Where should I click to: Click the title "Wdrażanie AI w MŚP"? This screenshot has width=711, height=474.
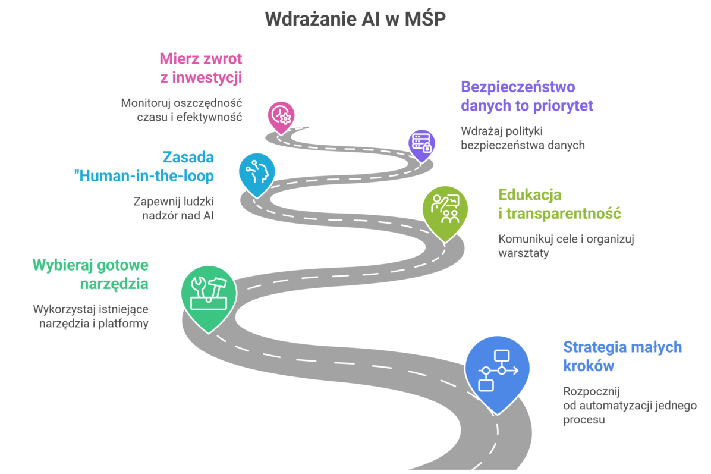pos(355,19)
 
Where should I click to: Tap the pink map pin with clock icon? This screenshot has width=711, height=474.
pos(281,117)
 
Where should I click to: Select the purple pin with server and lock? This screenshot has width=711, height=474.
pos(421,145)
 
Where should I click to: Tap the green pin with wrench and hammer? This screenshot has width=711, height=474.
pos(209,297)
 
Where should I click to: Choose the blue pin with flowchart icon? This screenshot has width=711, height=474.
pos(497,372)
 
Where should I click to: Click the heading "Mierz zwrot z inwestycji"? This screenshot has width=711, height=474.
pos(201,68)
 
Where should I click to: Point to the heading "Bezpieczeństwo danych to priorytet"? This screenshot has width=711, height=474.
pos(527,96)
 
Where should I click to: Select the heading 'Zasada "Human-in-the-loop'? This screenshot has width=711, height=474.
pos(144,167)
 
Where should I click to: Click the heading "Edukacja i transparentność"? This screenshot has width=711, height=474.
pos(559,204)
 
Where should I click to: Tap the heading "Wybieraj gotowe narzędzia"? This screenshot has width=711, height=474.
pos(91,274)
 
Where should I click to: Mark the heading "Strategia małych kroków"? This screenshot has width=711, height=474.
pos(622,356)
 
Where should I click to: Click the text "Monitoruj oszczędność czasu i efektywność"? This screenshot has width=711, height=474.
pos(181,110)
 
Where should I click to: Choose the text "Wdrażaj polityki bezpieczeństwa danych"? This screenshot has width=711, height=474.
pos(523,139)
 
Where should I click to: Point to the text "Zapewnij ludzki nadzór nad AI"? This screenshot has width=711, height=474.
pos(174,209)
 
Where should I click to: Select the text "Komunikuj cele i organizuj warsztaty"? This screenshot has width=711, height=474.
pos(567,246)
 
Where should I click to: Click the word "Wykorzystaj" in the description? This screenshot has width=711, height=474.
pos(61,310)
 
